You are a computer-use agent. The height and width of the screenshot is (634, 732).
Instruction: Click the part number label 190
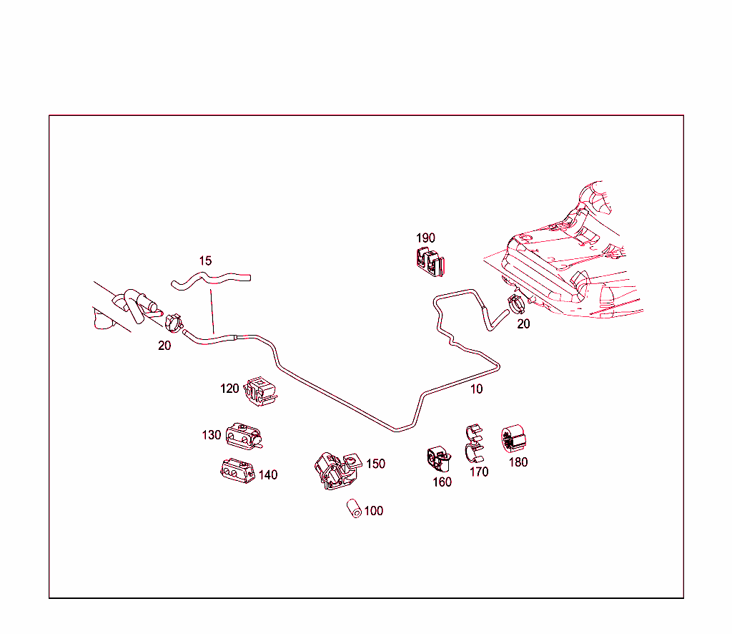point(425,238)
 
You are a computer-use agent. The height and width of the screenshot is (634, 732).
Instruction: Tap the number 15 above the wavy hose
point(205,261)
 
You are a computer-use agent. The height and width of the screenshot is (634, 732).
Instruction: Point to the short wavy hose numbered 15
point(211,278)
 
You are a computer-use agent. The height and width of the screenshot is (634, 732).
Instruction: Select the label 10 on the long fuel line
point(476,389)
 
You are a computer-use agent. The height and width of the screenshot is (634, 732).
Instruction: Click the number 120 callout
point(229,389)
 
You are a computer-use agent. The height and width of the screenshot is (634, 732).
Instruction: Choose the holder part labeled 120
point(261,391)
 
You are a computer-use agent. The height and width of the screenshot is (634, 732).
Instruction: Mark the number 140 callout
point(268,474)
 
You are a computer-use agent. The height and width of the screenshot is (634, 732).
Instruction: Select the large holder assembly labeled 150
point(335,470)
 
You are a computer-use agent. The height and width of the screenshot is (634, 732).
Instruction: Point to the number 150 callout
point(375,464)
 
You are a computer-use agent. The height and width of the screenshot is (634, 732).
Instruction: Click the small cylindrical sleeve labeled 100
point(354,510)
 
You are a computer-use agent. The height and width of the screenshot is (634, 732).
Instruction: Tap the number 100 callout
point(373,511)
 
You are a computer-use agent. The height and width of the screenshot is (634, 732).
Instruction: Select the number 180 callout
point(518,462)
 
